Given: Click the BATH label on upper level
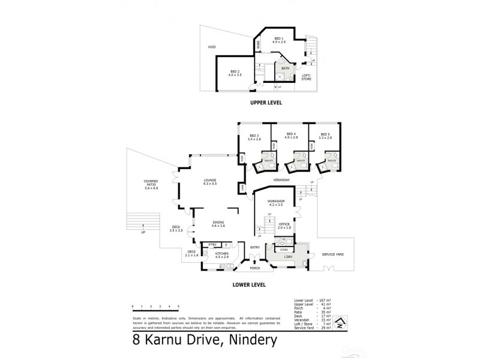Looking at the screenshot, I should [286, 68].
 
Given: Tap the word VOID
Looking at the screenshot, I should [211, 47].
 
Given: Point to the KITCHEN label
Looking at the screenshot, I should [223, 254].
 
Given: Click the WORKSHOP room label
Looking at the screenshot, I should [275, 202].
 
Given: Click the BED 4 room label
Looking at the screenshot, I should [291, 134].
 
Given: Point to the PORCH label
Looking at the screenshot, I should [264, 268].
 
